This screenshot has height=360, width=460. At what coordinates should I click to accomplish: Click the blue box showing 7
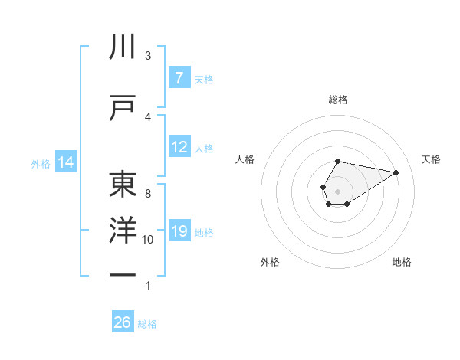[x=179, y=78]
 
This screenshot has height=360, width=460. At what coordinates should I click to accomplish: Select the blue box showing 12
[x=179, y=147]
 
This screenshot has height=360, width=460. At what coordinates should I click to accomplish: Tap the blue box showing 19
[x=179, y=231]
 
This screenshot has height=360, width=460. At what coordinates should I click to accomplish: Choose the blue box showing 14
[x=65, y=162]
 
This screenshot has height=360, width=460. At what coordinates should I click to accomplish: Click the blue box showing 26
[x=123, y=322]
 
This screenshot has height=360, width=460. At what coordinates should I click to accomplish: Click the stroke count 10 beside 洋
[x=148, y=240]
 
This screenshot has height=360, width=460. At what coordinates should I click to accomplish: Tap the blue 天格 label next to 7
[x=204, y=79]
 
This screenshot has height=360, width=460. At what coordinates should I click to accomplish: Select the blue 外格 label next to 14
[x=41, y=163]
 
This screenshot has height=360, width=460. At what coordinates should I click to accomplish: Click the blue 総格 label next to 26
[x=147, y=324]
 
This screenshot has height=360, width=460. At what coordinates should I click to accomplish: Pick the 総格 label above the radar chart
[x=337, y=100]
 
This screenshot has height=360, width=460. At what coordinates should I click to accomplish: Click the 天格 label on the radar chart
[x=431, y=159]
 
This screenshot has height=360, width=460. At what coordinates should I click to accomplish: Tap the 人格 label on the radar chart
[x=245, y=159]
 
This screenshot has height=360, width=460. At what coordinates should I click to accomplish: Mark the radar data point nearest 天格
[x=396, y=172]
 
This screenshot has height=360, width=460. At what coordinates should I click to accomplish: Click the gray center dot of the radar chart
[x=337, y=190]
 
